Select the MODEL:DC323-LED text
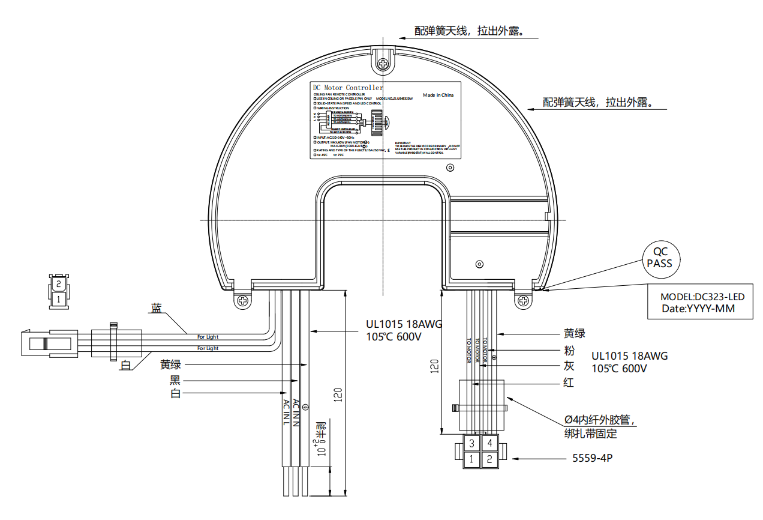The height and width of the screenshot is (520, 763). pyautogui.click(x=702, y=297)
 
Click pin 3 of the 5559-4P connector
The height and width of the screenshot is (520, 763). pyautogui.click(x=472, y=443)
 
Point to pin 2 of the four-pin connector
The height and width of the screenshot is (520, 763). pyautogui.click(x=489, y=460)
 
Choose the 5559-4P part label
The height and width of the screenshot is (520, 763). pyautogui.click(x=592, y=459)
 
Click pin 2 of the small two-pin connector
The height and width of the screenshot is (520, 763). pyautogui.click(x=58, y=283)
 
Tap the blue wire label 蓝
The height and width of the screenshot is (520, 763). pyautogui.click(x=156, y=308)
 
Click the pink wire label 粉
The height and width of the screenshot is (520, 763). pyautogui.click(x=569, y=351)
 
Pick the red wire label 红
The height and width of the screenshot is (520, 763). pyautogui.click(x=569, y=382)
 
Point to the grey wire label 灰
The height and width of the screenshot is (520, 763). pyautogui.click(x=569, y=366)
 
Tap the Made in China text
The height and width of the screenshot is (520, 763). pyautogui.click(x=438, y=95)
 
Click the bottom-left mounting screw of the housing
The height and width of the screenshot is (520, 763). pyautogui.click(x=243, y=300)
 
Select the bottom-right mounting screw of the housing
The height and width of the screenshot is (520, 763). pyautogui.click(x=524, y=301)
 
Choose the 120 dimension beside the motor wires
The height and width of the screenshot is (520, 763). pyautogui.click(x=435, y=366)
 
